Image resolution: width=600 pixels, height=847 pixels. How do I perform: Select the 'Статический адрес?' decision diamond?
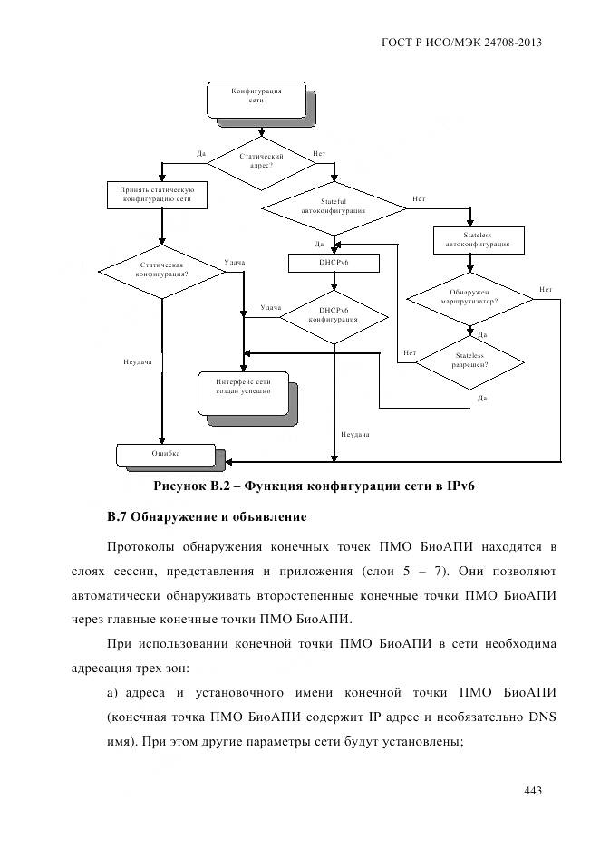pyautogui.click(x=262, y=162)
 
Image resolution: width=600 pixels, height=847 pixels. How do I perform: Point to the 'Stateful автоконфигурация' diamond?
pyautogui.click(x=334, y=207)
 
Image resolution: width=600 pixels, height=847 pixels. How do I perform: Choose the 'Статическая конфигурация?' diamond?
pyautogui.click(x=161, y=269)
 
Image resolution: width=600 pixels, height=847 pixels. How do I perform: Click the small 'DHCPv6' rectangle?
pyautogui.click(x=334, y=262)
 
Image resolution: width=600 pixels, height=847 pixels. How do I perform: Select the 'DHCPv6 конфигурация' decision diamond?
pyautogui.click(x=334, y=314)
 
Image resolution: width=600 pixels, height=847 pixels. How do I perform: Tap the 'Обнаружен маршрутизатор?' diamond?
pyautogui.click(x=469, y=297)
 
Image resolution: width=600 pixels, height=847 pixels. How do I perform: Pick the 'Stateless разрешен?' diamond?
pyautogui.click(x=469, y=361)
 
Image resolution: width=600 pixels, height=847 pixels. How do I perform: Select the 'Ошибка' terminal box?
pyautogui.click(x=165, y=453)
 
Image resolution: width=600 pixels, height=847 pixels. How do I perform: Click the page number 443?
pyautogui.click(x=532, y=792)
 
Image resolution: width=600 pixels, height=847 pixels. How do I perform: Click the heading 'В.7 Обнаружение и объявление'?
pyautogui.click(x=207, y=517)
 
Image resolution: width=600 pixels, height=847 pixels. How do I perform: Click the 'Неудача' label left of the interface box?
pyautogui.click(x=137, y=362)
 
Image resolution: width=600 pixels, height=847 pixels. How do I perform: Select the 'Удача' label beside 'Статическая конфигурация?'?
pyautogui.click(x=234, y=263)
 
